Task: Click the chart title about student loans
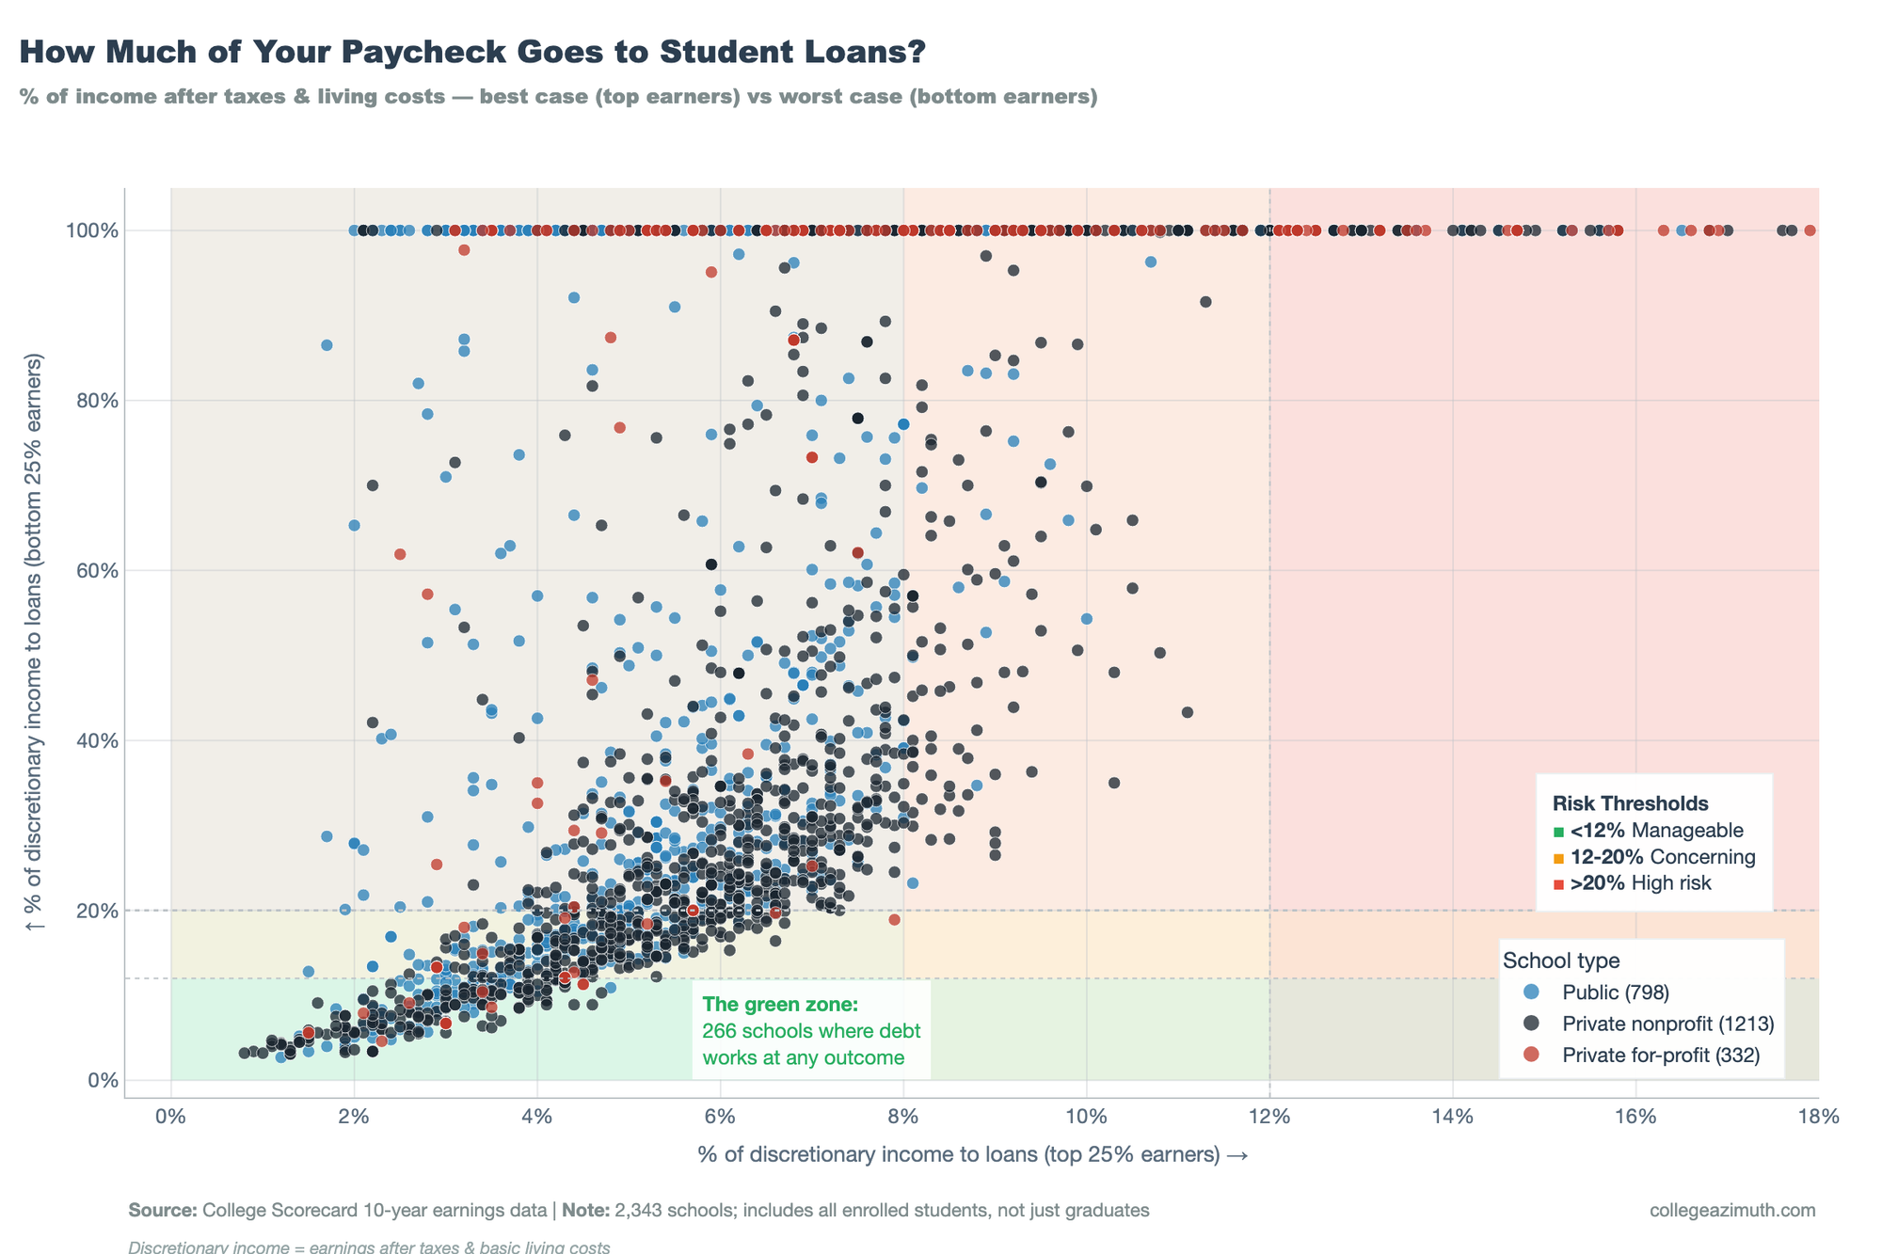[472, 53]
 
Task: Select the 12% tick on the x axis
[1269, 1117]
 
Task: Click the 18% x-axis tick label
[1818, 1117]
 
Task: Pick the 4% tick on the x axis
[537, 1117]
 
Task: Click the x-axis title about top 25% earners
[972, 1154]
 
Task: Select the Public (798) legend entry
[1615, 992]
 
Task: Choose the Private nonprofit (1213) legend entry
[1667, 1024]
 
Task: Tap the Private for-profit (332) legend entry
[1660, 1056]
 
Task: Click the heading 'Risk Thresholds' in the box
[1630, 803]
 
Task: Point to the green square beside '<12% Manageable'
[1558, 832]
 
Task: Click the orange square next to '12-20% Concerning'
[1558, 858]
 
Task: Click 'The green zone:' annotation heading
[780, 1005]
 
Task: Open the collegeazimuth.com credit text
[1732, 1210]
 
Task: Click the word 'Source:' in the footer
[163, 1210]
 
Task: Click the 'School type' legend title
[1561, 960]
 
